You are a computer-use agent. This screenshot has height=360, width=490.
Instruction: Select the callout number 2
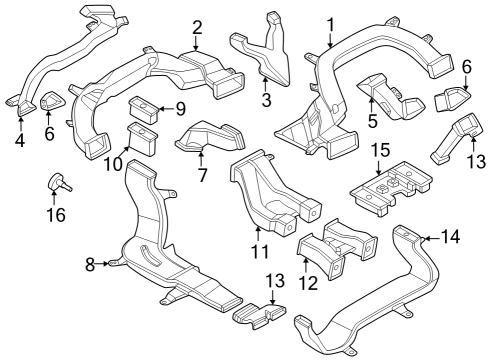pos(197,27)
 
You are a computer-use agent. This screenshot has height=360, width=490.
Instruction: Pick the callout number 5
pos(372,120)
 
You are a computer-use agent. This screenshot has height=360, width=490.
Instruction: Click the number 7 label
pos(201,176)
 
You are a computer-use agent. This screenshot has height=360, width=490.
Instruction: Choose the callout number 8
pos(89,264)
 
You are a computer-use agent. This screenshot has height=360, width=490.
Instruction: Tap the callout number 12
pos(308,284)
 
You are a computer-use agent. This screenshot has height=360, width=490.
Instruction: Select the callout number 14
pos(451,237)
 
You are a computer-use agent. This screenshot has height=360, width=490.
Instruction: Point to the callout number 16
pos(57,215)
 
